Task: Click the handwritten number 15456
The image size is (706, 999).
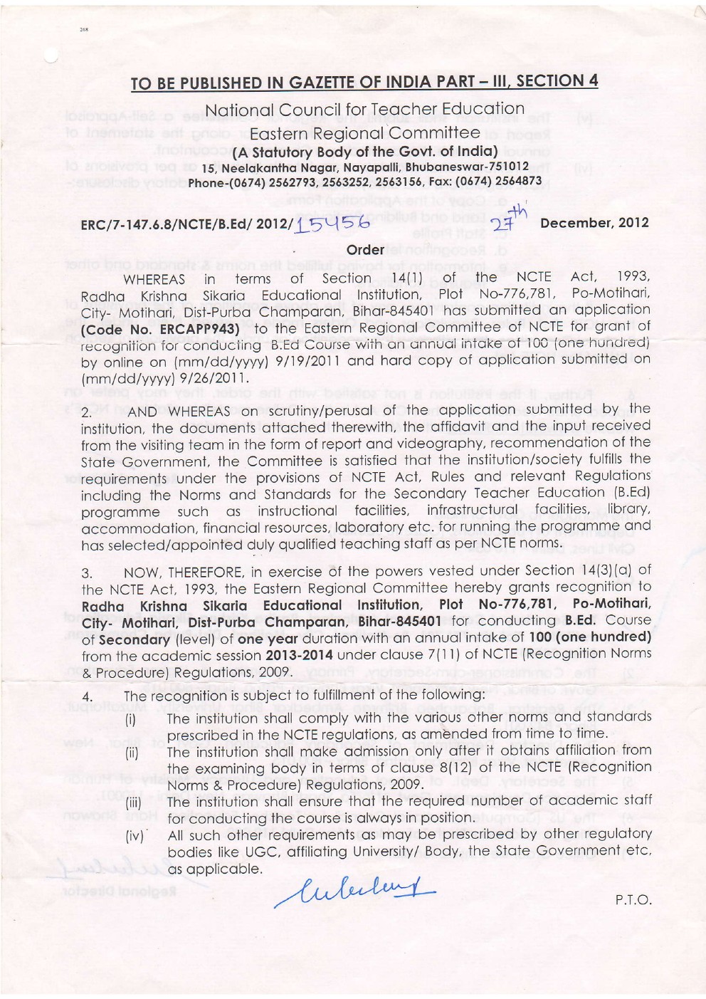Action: (333, 224)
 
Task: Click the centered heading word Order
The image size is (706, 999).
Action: (364, 250)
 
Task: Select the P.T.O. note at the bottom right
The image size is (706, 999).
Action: (633, 899)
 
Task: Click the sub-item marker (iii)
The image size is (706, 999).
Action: (134, 802)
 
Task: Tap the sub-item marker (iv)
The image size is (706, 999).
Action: (134, 836)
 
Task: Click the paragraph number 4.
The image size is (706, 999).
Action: (86, 697)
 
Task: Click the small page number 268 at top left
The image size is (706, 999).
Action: (84, 31)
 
